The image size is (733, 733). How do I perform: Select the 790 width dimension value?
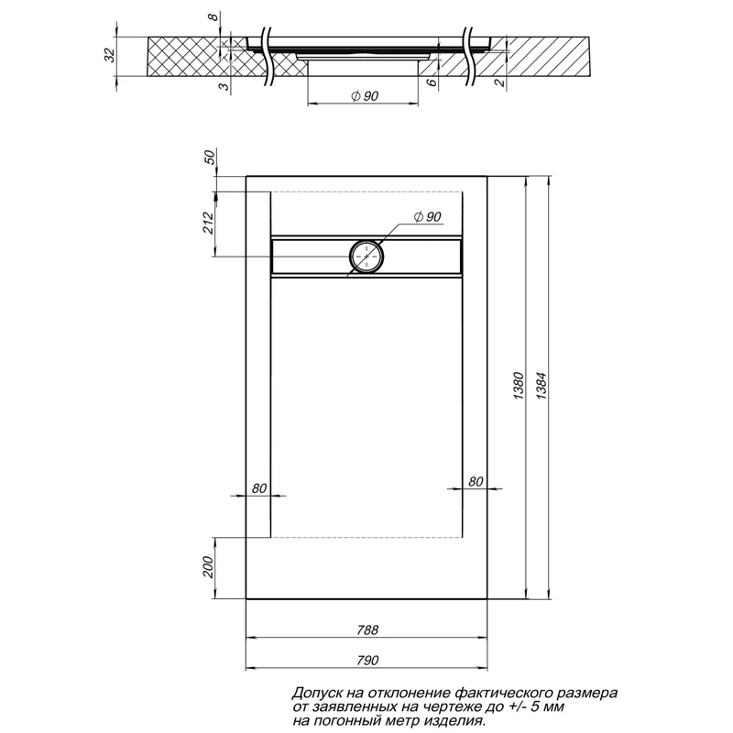point(368,659)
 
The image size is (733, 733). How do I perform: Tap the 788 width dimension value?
point(368,631)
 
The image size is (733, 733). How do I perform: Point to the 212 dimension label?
point(208,223)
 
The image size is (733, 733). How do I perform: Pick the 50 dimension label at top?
point(208,157)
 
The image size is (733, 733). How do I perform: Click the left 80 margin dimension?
point(257,487)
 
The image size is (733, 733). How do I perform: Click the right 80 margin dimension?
point(476,481)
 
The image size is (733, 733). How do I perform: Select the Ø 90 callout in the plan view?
point(428,216)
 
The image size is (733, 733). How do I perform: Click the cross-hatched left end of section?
point(183,58)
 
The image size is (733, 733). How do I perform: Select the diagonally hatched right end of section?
point(550,58)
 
